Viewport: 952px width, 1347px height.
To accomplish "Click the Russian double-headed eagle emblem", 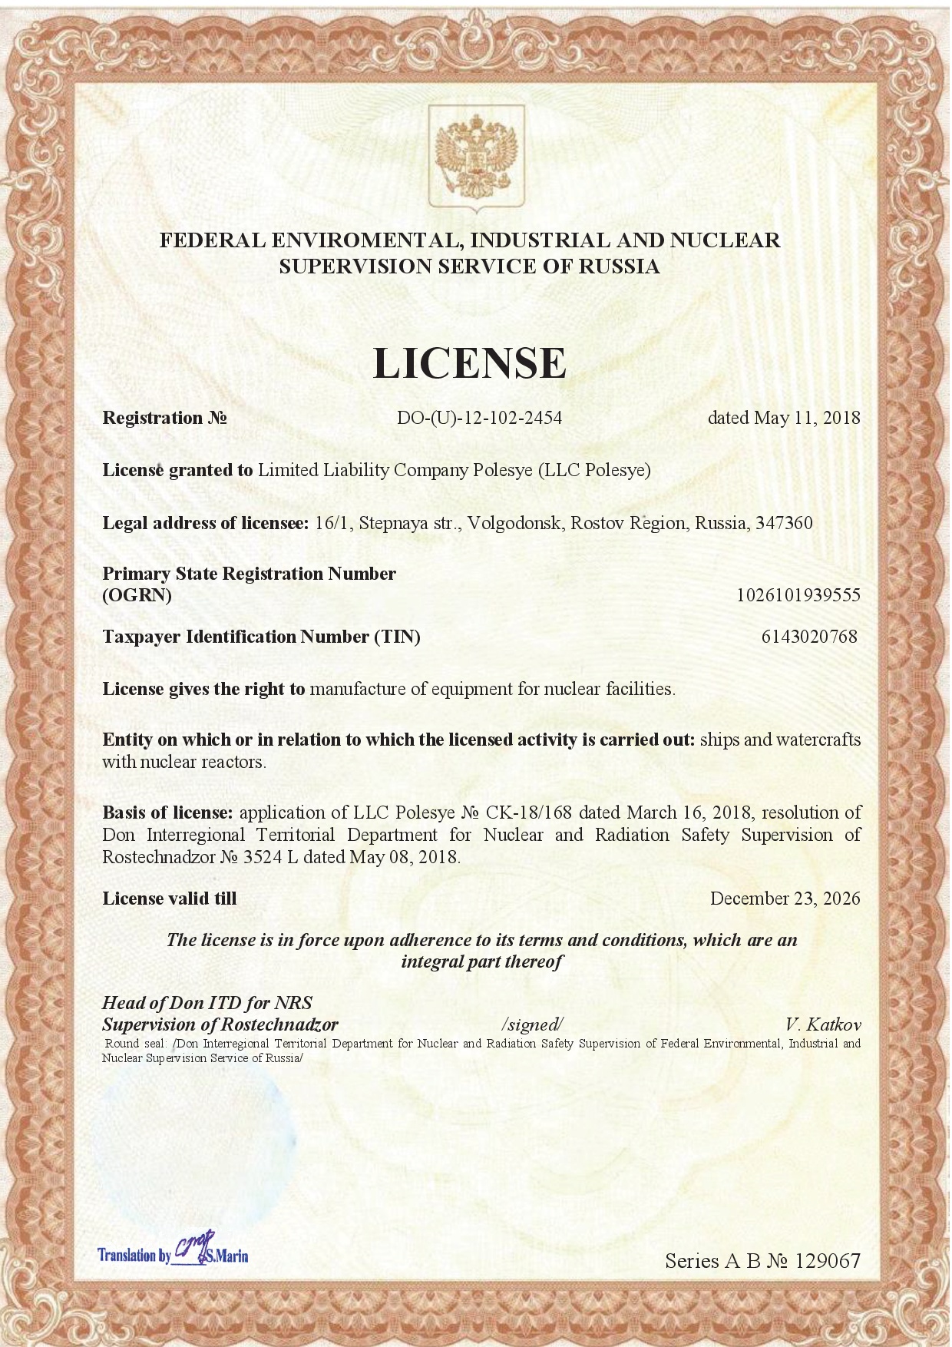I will (x=476, y=158).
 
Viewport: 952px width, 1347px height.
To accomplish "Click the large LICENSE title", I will (x=470, y=363).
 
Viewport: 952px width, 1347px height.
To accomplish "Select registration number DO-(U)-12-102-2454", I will (x=479, y=419).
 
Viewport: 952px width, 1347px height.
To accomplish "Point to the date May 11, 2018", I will (x=807, y=419).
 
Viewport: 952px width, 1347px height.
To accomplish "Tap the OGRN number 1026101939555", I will (x=798, y=595).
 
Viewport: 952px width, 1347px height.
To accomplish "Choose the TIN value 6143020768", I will (x=809, y=637).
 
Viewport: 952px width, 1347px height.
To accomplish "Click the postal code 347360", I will (x=784, y=524).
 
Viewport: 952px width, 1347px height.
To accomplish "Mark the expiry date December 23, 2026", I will (x=785, y=899).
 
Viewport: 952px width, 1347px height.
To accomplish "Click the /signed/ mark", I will (x=532, y=1024).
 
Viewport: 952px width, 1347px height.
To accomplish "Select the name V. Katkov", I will (x=822, y=1024).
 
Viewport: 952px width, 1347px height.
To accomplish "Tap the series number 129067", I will (x=828, y=1261).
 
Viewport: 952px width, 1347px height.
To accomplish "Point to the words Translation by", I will (x=134, y=1256).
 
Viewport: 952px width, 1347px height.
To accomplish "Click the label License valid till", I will (x=170, y=899).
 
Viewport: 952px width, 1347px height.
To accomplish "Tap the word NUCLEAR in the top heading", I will (x=725, y=240).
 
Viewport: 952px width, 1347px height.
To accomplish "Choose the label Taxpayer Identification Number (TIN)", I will (x=262, y=637).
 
